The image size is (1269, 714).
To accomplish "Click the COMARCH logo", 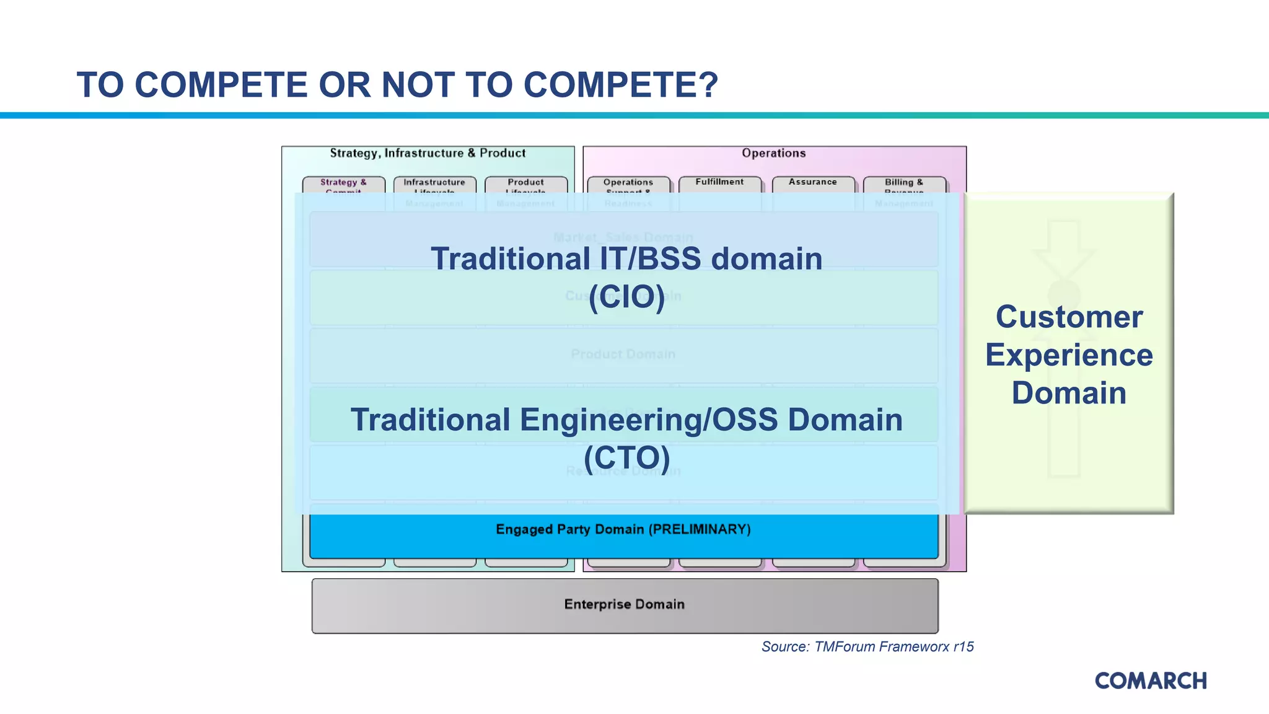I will point(1150,681).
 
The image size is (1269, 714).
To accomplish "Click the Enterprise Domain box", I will point(625,605).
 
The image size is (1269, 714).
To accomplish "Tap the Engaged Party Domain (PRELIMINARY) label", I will point(623,530).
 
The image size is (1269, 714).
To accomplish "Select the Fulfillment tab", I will point(719,182).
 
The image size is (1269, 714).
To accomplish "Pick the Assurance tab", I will point(812,182).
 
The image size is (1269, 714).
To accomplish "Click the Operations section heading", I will point(773,153).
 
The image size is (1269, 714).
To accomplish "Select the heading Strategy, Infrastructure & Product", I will point(428,153).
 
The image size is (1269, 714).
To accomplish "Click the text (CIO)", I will point(626,297).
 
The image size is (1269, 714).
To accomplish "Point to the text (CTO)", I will point(626,458).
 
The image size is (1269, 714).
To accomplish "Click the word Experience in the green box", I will point(1069,355).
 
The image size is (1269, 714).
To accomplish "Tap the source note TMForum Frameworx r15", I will point(867,647).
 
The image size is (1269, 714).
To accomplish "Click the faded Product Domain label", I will point(623,355).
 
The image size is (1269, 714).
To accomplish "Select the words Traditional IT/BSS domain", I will point(626,259).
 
